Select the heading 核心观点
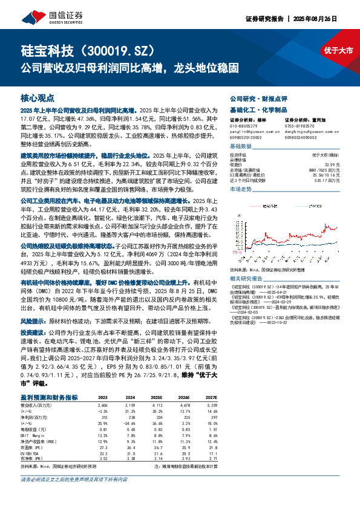[x=38, y=97]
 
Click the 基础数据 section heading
[x=242, y=147]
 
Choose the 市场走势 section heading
[x=242, y=189]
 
